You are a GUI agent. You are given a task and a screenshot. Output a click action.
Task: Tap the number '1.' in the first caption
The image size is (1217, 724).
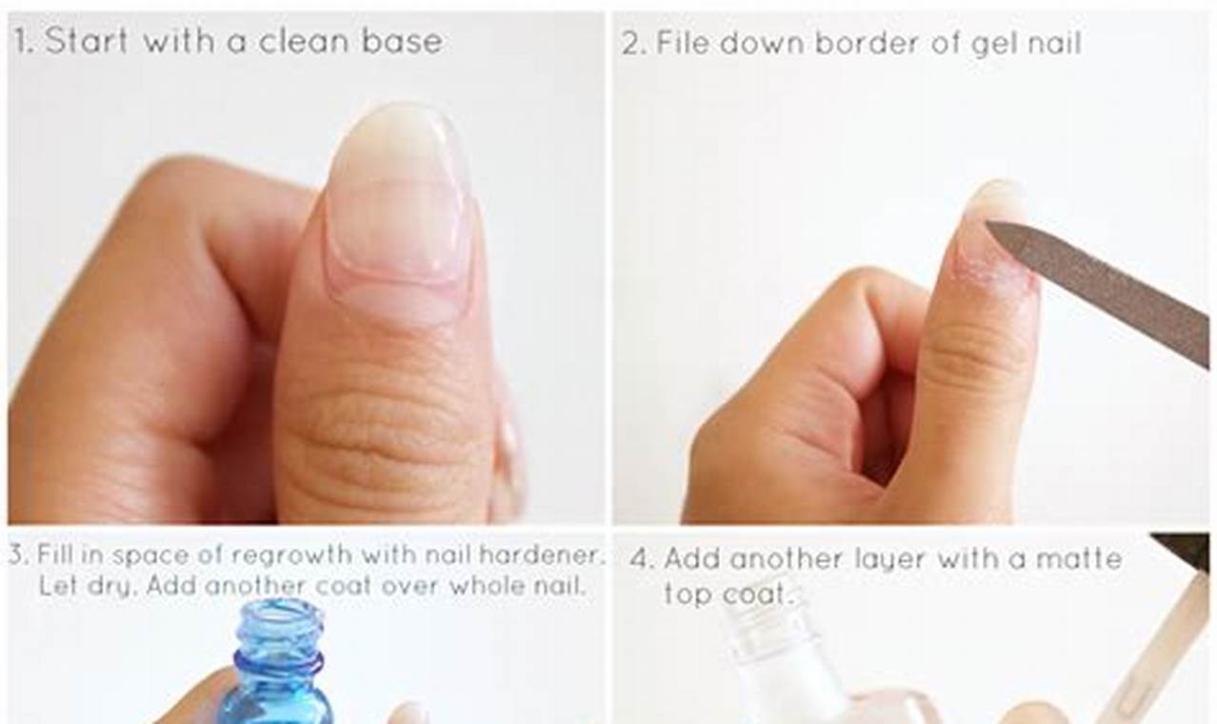click(x=24, y=42)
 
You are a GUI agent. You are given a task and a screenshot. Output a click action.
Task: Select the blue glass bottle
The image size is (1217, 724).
click(x=276, y=676)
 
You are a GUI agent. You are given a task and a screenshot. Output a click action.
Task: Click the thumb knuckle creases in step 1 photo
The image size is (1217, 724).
click(x=381, y=429)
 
